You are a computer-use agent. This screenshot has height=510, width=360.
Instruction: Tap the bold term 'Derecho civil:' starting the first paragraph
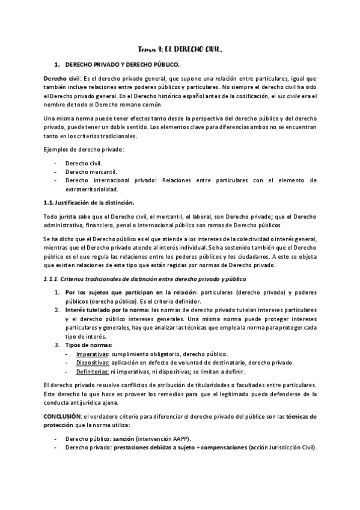click(62, 79)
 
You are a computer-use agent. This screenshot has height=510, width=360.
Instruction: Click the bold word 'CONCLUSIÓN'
click(63, 416)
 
